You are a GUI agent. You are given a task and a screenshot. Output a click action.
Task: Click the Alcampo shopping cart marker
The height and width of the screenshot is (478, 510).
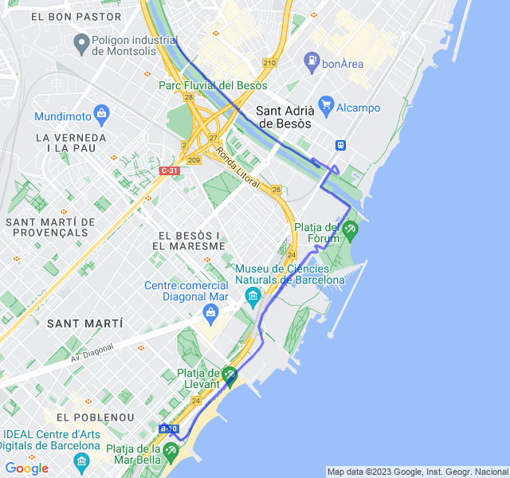pyautogui.click(x=325, y=104)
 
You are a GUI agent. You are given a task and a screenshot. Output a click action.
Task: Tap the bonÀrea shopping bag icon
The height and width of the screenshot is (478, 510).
pyautogui.click(x=311, y=60)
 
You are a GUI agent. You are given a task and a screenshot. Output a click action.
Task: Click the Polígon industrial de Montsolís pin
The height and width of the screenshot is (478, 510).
pyautogui.click(x=80, y=41)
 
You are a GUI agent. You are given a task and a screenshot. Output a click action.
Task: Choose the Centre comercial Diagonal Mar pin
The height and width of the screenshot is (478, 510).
pyautogui.click(x=211, y=311)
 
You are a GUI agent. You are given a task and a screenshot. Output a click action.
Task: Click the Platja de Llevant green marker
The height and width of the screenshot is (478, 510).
pyautogui.click(x=229, y=374)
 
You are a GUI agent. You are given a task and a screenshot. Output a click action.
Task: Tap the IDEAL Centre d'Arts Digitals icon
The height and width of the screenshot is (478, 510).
pyautogui.click(x=81, y=462)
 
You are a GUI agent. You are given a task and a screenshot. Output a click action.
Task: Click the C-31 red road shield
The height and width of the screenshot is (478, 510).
pyautogui.click(x=169, y=170)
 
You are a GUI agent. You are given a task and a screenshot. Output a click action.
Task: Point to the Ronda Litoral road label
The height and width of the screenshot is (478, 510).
pyautogui.click(x=237, y=170)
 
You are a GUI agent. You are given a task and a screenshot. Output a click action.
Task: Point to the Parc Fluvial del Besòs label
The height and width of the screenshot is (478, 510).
pyautogui.click(x=213, y=84)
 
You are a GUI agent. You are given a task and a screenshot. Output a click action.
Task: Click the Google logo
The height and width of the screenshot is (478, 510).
pyautogui.click(x=27, y=468)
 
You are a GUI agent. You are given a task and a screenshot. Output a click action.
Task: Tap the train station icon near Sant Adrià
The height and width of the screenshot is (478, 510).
pyautogui.click(x=340, y=145)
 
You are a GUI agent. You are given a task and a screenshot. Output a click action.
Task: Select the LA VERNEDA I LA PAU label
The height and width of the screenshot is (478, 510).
pyautogui.click(x=71, y=143)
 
